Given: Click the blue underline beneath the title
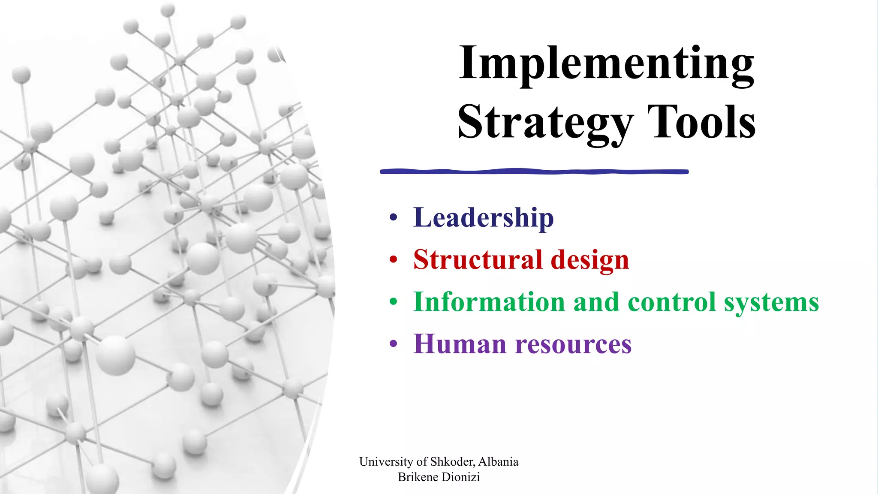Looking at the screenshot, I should (534, 172).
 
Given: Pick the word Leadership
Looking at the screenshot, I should (483, 218).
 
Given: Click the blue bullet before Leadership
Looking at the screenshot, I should (394, 218).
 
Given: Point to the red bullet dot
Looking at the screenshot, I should (394, 260).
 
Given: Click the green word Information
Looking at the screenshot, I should (489, 302).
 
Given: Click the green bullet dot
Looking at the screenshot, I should (394, 302).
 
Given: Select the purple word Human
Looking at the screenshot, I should (460, 344).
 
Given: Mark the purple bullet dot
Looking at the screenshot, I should (394, 344).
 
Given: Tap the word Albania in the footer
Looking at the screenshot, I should (498, 462).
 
